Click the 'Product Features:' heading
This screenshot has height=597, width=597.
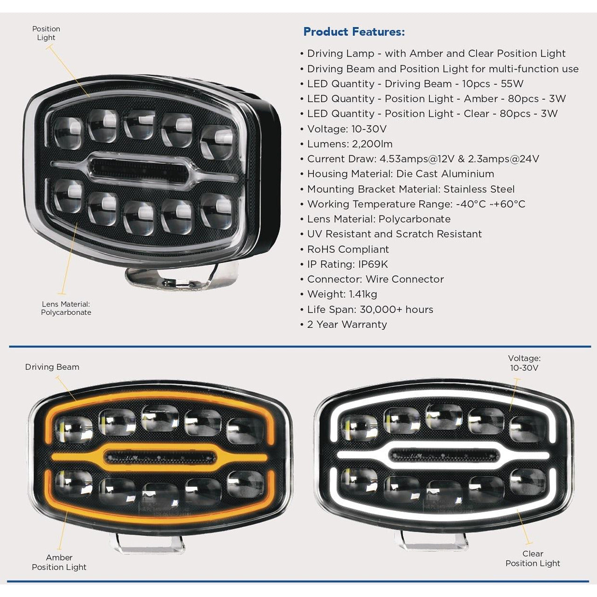click(354, 32)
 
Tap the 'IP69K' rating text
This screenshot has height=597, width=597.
click(373, 264)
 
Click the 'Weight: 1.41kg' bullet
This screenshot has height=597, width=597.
click(342, 294)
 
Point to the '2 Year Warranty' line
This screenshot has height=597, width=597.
click(347, 325)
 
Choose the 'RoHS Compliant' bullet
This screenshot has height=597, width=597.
click(347, 250)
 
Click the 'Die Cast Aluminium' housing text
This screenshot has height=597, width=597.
click(445, 174)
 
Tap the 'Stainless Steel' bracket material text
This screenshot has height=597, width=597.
click(479, 189)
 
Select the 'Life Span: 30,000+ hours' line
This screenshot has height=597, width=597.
click(370, 310)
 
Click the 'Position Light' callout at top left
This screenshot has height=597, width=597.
click(46, 33)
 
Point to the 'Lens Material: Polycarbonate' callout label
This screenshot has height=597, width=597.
click(66, 308)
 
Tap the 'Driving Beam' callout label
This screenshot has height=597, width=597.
click(52, 367)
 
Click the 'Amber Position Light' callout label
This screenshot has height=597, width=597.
click(59, 562)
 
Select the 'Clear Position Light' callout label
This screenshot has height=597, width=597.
click(533, 558)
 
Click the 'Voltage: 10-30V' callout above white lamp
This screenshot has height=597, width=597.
click(524, 363)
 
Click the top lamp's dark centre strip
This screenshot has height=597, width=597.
click(140, 169)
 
